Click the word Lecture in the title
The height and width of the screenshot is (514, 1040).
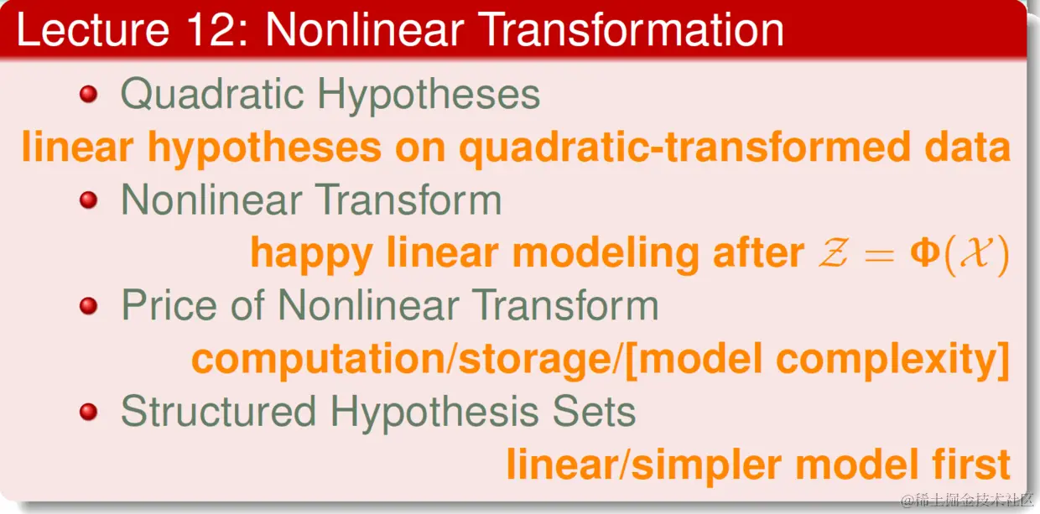[x=93, y=29]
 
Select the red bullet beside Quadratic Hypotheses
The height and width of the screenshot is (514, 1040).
[x=88, y=94]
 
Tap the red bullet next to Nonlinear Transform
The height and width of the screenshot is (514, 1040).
[x=88, y=200]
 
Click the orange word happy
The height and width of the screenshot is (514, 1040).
[x=311, y=255]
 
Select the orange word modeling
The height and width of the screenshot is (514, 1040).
[x=606, y=255]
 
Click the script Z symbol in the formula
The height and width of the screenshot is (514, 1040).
[x=834, y=252]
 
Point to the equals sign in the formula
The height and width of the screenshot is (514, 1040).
[x=879, y=255]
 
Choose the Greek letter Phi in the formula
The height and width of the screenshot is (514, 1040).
[x=925, y=252]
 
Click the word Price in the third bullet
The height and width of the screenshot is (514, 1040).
[x=169, y=306]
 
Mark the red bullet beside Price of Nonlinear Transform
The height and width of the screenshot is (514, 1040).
[x=88, y=306]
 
